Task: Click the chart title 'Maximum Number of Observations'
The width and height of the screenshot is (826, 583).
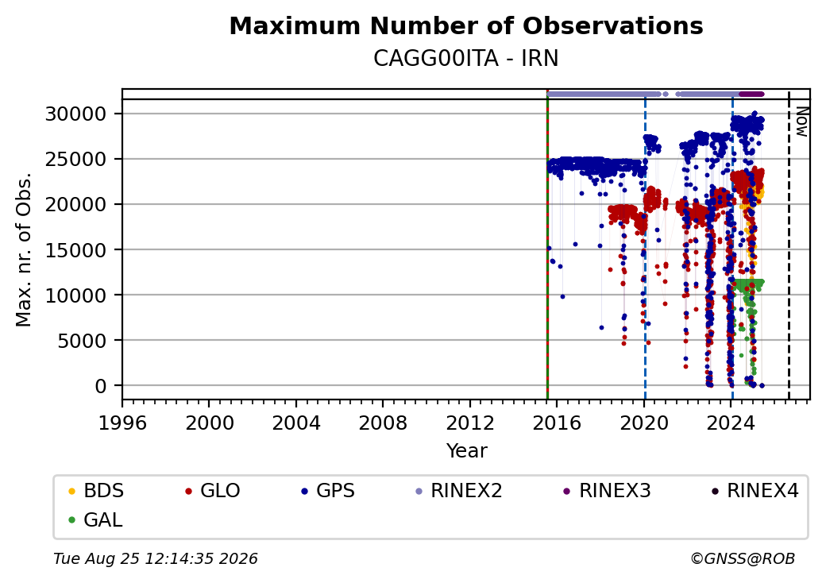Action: (466, 25)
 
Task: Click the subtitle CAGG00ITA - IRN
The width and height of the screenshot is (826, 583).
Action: (466, 59)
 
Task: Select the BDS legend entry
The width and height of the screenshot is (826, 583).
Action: (96, 491)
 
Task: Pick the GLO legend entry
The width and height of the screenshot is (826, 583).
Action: (213, 491)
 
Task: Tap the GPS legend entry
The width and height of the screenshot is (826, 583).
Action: (328, 491)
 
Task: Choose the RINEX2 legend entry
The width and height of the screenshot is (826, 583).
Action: (459, 491)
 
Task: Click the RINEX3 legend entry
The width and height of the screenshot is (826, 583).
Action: (608, 491)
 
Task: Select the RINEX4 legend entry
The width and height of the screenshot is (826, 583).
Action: (755, 491)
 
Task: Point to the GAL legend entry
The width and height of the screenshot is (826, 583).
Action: (96, 519)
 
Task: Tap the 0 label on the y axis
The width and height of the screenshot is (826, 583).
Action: (101, 386)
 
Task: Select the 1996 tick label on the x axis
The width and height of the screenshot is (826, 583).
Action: (122, 423)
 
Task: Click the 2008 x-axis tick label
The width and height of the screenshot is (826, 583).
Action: (383, 423)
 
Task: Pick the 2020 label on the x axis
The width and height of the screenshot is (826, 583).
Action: (644, 423)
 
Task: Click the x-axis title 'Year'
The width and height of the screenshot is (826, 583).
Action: (467, 451)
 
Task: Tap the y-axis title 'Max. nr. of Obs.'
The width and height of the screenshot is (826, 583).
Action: (23, 249)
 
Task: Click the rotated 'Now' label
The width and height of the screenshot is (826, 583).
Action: (802, 122)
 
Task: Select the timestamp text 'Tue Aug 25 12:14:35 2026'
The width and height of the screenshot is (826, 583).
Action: (156, 558)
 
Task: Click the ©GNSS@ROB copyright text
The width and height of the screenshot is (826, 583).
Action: (743, 558)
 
